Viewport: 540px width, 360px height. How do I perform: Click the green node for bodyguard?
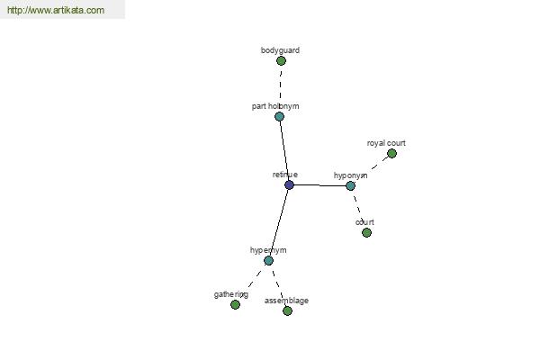281,61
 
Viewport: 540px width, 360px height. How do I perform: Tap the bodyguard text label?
280,50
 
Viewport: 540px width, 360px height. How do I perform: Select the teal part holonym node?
279,116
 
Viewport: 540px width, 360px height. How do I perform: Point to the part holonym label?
275,106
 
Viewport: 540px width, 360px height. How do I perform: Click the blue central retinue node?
289,185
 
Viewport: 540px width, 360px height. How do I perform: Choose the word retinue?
284,175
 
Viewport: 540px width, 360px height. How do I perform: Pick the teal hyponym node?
350,186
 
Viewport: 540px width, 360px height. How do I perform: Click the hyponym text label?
350,175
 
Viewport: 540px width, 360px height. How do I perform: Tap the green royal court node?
391,154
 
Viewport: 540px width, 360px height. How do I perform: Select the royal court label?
386,143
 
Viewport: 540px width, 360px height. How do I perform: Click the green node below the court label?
367,233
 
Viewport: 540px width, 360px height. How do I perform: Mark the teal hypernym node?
268,261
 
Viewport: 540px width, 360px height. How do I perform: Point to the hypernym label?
268,250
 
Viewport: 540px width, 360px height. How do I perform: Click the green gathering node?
235,304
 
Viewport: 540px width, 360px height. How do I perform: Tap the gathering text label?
231,294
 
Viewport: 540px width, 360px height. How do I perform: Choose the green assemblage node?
288,311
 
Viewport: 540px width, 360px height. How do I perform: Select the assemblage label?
286,301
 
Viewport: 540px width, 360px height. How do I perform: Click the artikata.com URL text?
56,10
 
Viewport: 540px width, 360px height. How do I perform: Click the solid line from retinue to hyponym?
319,185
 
